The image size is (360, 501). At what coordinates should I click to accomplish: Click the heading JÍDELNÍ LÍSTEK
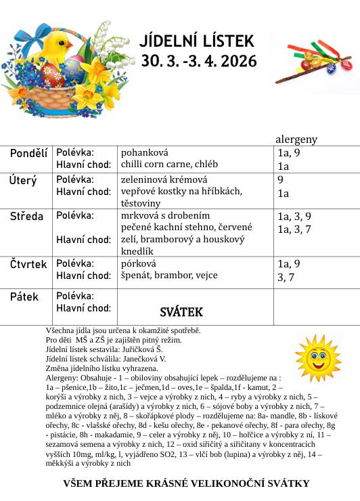pyautogui.click(x=197, y=42)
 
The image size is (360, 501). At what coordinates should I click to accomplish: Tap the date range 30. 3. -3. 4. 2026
pyautogui.click(x=199, y=61)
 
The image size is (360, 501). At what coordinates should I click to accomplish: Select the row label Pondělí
pyautogui.click(x=28, y=154)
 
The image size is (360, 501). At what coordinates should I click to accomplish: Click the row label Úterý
pyautogui.click(x=23, y=181)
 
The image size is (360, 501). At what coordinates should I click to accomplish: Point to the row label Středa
pyautogui.click(x=26, y=217)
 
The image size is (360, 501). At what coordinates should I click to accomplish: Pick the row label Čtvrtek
pyautogui.click(x=28, y=264)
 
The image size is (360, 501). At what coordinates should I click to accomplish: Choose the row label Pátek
pyautogui.click(x=24, y=297)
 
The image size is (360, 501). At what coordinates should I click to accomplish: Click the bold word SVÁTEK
pyautogui.click(x=181, y=312)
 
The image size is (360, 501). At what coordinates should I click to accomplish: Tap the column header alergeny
pyautogui.click(x=296, y=139)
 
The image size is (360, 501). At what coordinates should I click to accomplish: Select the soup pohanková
pyautogui.click(x=144, y=152)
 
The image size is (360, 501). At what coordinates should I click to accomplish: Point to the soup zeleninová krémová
pyautogui.click(x=164, y=179)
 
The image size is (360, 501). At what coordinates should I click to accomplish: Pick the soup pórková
pyautogui.click(x=138, y=263)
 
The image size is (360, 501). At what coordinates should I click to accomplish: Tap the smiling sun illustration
pyautogui.click(x=318, y=357)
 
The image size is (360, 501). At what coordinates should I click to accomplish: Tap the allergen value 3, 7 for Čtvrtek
pyautogui.click(x=286, y=277)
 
